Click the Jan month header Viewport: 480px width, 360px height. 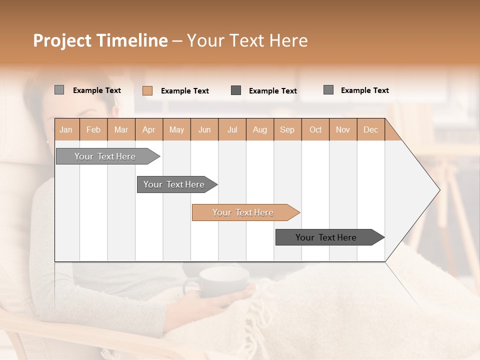coord(66,129)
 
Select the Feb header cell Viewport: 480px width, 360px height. coord(93,129)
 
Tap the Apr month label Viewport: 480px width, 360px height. coord(149,129)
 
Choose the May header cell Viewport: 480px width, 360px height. coord(176,129)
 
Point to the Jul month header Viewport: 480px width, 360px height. coord(232,129)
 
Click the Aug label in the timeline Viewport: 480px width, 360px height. coord(260,129)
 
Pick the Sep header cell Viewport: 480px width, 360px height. coord(287,129)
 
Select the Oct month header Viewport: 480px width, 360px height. coord(315,129)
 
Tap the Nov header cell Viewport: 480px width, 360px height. coord(343,129)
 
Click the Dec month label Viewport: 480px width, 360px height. coord(371,129)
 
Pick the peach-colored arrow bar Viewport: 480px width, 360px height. coord(244,212)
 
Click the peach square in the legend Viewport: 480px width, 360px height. coord(147,90)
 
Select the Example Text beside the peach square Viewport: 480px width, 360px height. coord(185,91)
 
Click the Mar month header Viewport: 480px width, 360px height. coord(121,129)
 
